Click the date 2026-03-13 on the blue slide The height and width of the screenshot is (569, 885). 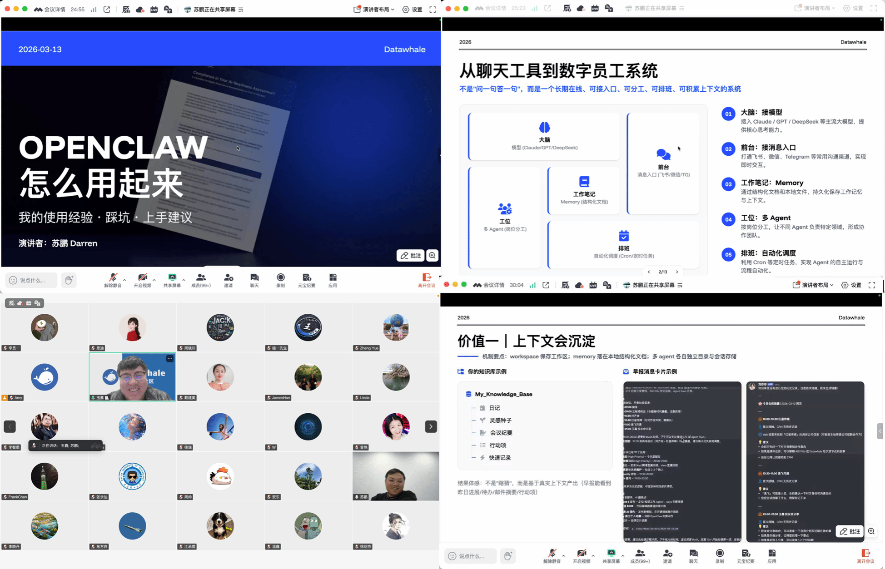click(40, 49)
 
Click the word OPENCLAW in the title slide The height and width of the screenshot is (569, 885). click(113, 148)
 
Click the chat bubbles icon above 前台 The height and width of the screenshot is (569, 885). click(663, 154)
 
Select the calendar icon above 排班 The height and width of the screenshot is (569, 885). click(624, 236)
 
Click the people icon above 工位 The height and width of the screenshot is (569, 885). click(505, 209)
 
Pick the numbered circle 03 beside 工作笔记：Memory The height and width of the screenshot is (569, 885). click(728, 184)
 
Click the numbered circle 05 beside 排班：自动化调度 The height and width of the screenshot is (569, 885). click(728, 254)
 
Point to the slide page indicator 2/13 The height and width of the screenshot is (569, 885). click(663, 272)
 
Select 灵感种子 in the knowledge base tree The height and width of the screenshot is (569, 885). click(500, 421)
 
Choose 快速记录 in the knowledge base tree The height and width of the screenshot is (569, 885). click(500, 458)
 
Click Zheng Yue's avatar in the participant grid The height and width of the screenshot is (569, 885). click(396, 327)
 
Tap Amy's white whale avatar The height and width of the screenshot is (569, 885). click(45, 377)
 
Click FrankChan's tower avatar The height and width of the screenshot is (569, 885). click(45, 476)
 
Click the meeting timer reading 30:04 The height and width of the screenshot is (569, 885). click(517, 285)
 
